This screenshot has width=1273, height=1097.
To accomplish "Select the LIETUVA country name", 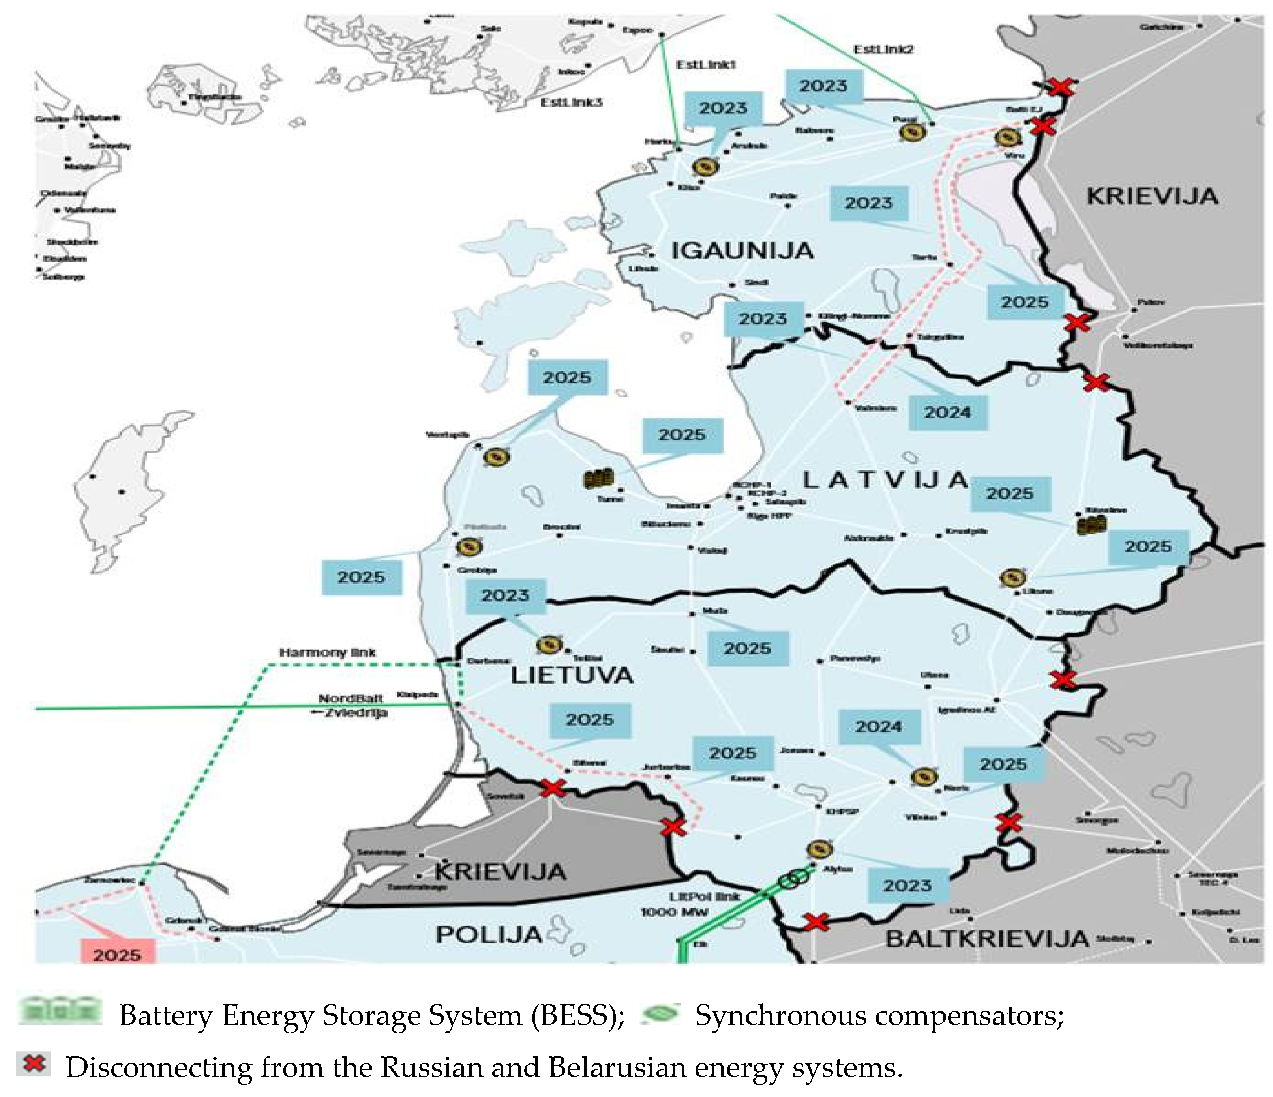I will coord(572,676).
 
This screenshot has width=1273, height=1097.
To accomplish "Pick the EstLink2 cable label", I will coord(883,49).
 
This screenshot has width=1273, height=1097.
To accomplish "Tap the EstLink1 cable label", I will coord(705,64).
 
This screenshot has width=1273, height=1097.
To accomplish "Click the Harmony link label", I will coord(328,652).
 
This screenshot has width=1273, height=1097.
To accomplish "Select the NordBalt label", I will coord(350,698).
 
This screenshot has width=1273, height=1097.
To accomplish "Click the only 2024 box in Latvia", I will coord(947,412).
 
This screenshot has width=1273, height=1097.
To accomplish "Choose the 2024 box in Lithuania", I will coord(879,726).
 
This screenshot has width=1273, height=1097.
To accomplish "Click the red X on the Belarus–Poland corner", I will coord(817,922).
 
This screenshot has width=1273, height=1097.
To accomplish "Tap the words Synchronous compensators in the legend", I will coord(879,1016).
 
